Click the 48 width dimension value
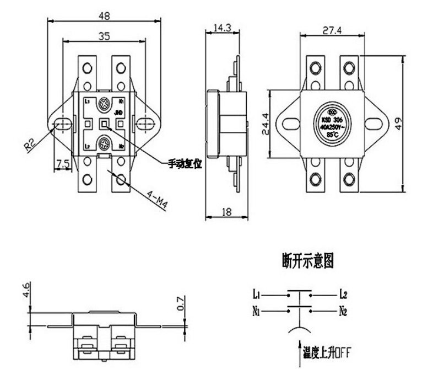pos(104,17)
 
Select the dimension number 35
pos(104,36)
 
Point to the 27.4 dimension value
pos(332,30)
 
